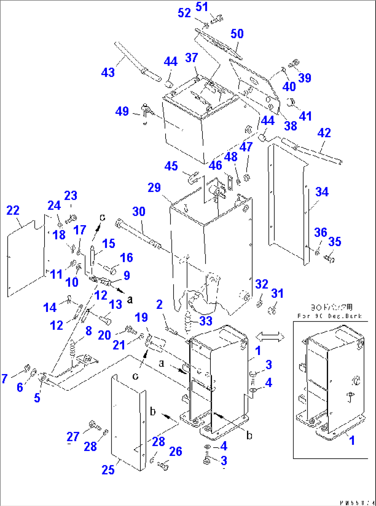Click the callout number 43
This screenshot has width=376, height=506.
(x=108, y=72)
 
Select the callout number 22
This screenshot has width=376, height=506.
(x=13, y=210)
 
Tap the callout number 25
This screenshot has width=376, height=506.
(x=108, y=470)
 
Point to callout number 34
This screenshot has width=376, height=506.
(x=322, y=192)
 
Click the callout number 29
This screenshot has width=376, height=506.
(x=154, y=188)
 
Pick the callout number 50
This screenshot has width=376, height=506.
(x=237, y=34)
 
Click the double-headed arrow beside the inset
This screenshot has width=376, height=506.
(x=269, y=337)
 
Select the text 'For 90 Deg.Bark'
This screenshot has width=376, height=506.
(x=329, y=316)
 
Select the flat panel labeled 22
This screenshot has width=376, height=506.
(x=26, y=259)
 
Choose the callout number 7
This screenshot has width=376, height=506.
(x=4, y=379)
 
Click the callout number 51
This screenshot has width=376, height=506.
(x=202, y=7)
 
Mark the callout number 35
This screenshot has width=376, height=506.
(x=335, y=241)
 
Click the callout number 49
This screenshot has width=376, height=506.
(x=122, y=111)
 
